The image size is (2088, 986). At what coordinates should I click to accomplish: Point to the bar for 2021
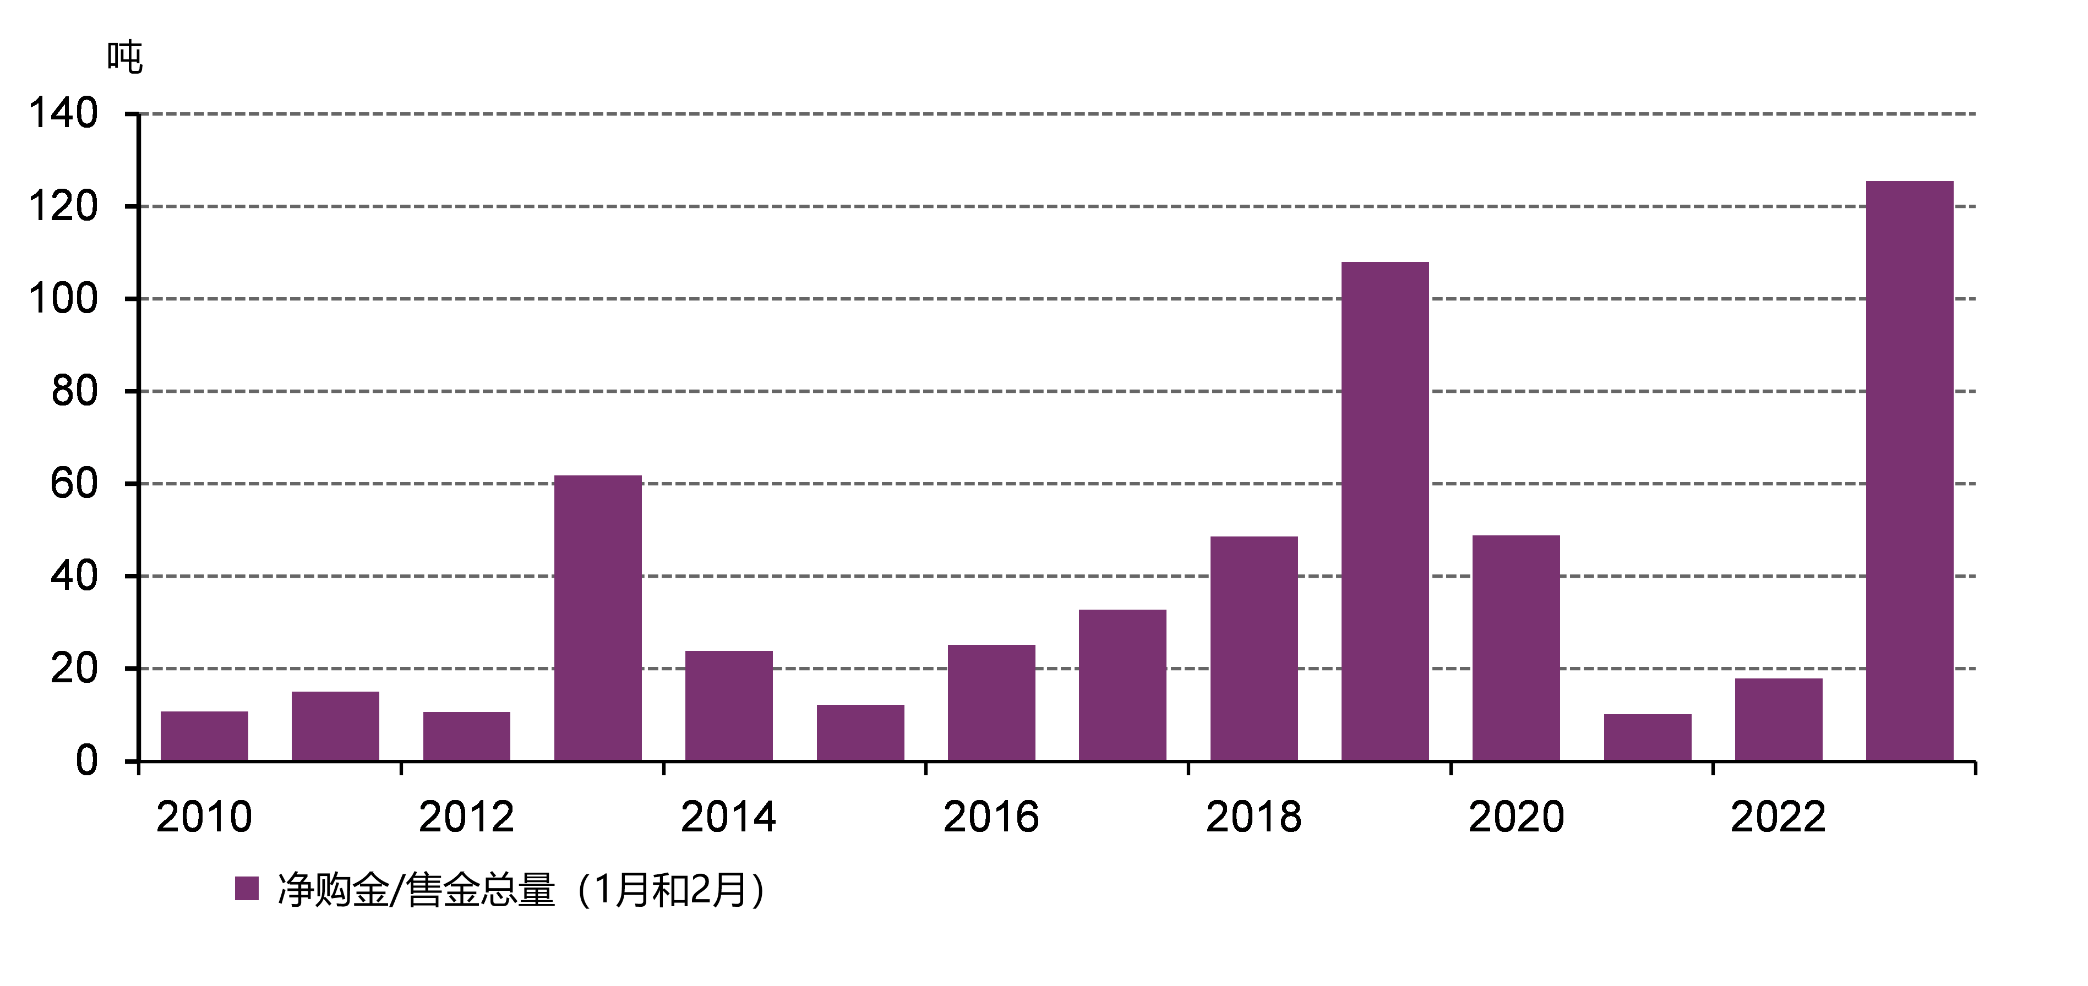point(1647,737)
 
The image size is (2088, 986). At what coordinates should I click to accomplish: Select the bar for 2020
point(1515,648)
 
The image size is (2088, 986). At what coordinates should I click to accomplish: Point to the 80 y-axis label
point(74,391)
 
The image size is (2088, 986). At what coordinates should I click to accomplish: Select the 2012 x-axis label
point(466,817)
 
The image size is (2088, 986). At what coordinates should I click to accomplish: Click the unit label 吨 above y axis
point(125,57)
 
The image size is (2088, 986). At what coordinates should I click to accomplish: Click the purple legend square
point(247,889)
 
